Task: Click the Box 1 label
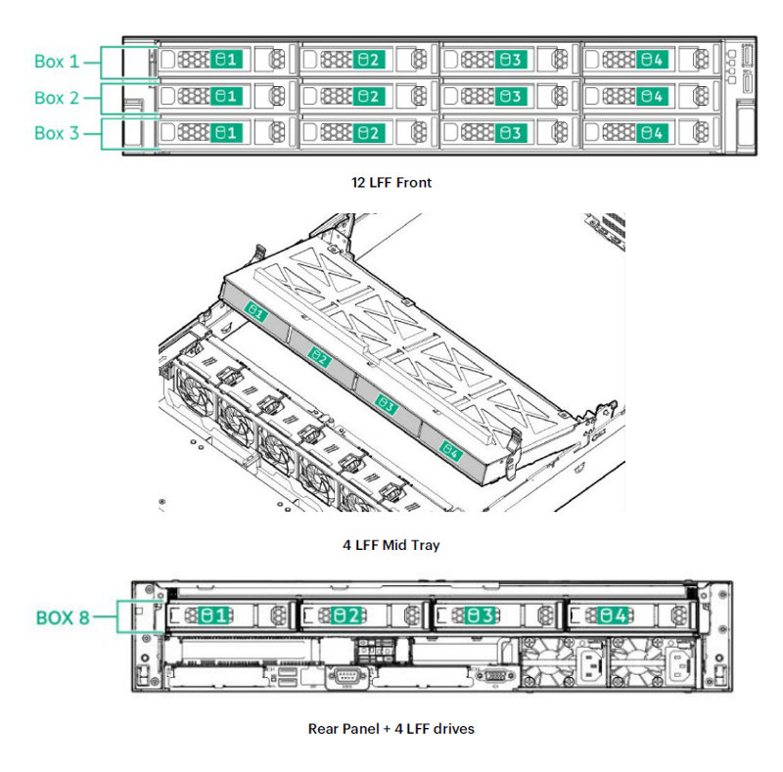coord(57,62)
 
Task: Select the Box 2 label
coord(57,98)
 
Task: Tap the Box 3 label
coord(57,133)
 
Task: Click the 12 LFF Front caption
coord(391,182)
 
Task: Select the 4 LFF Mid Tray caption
coord(391,545)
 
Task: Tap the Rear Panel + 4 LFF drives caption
coord(391,728)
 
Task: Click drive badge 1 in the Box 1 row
coord(226,60)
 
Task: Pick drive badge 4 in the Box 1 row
coord(651,60)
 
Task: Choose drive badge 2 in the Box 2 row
coord(368,96)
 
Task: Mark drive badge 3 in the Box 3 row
coord(510,132)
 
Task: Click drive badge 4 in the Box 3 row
coord(651,132)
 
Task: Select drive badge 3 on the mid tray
coord(386,404)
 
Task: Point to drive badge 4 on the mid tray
coord(449,450)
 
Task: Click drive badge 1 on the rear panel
coord(214,615)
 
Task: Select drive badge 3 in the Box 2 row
coord(510,96)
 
